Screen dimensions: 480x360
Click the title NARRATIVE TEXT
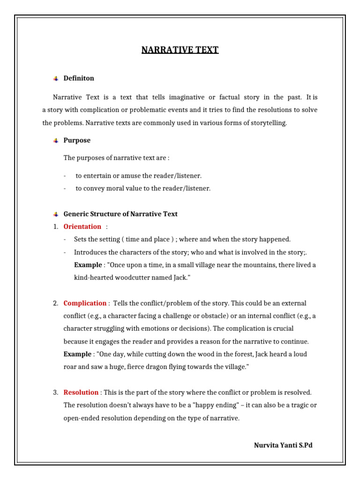(180, 50)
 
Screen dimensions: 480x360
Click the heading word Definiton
(79, 78)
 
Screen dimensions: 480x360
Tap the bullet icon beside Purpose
(56, 141)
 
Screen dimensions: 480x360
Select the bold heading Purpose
(77, 140)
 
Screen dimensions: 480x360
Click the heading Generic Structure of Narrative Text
(120, 214)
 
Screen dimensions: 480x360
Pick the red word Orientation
(82, 226)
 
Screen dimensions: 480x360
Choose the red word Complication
(85, 303)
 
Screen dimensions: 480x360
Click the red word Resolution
(81, 392)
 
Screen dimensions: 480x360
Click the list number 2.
(55, 303)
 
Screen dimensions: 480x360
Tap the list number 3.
(55, 392)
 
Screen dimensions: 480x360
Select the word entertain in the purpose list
(100, 176)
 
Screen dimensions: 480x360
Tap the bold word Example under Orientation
(88, 265)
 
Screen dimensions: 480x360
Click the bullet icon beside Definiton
(56, 79)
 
